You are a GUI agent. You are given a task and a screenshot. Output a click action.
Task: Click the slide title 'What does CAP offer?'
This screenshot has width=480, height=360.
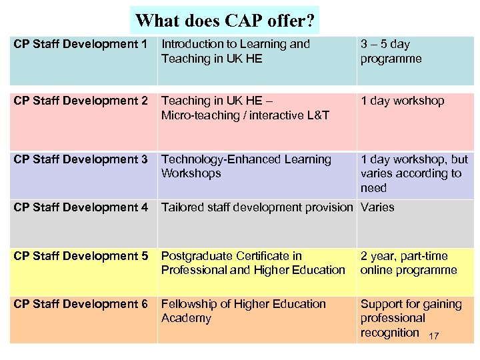(x=225, y=20)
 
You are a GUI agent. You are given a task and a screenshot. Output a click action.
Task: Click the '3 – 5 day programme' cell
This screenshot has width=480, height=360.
(x=391, y=51)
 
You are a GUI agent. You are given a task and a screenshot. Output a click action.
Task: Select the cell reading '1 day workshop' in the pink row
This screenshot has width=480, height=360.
(x=402, y=101)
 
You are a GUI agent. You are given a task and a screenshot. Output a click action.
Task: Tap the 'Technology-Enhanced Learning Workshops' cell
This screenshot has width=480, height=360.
(x=246, y=166)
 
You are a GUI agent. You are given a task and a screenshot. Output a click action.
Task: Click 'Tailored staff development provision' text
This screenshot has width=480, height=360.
(x=257, y=207)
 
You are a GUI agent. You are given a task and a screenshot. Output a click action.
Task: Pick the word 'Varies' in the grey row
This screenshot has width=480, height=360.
(x=377, y=207)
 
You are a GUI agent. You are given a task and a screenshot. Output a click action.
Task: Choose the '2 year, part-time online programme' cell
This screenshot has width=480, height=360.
(x=409, y=263)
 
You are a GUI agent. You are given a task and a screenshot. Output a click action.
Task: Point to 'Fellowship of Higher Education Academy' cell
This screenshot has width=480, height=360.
(x=243, y=311)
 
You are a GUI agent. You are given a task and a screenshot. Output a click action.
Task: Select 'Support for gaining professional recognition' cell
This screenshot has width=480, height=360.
(x=410, y=318)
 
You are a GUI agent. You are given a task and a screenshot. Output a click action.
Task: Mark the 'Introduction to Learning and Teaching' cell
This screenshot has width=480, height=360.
(x=235, y=51)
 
